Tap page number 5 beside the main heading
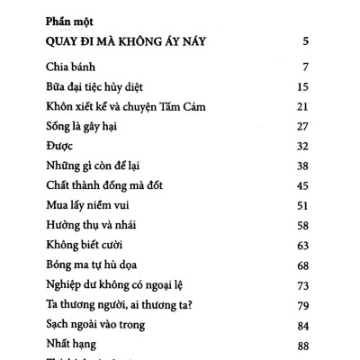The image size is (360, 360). tap(308, 41)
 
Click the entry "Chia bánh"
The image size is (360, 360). tap(70, 67)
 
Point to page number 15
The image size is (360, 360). tap(303, 86)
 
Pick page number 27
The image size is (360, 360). tap(303, 125)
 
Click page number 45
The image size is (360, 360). tap(303, 184)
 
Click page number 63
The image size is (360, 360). tap(303, 244)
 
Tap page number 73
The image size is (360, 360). tap(303, 283)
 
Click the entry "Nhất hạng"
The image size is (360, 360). tap(67, 343)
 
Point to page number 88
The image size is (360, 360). tap(303, 343)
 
